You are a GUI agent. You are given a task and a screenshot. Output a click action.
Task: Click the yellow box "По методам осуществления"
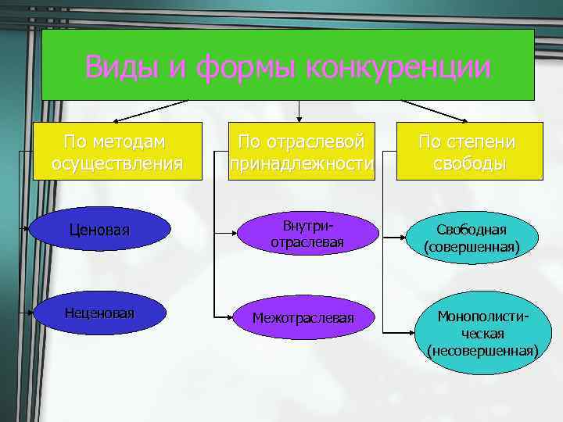click(x=117, y=152)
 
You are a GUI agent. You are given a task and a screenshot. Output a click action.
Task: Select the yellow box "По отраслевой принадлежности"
click(x=302, y=152)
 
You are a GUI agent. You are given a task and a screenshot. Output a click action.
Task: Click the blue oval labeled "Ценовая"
click(x=99, y=231)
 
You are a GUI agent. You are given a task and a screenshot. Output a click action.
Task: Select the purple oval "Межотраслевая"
click(x=303, y=318)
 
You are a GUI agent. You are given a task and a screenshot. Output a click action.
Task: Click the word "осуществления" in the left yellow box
click(x=117, y=163)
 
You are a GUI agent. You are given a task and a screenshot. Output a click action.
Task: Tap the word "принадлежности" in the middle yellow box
click(x=302, y=163)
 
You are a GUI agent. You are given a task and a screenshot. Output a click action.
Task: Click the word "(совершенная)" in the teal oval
click(x=472, y=247)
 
